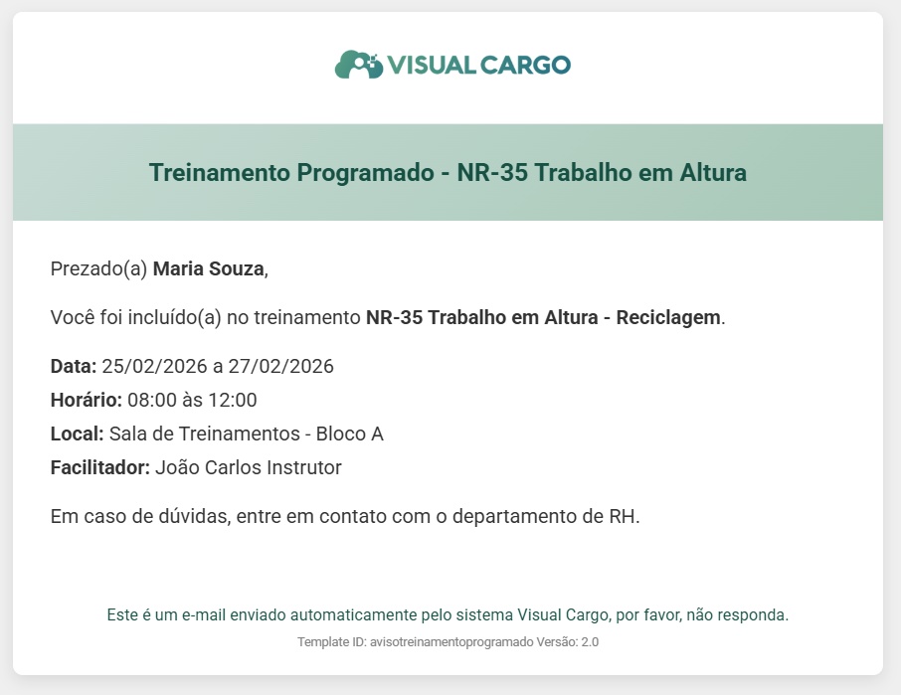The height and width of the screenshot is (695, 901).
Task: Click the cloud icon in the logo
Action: (359, 65)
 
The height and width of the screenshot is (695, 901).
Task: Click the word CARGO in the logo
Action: (525, 65)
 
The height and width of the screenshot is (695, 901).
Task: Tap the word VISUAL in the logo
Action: (432, 65)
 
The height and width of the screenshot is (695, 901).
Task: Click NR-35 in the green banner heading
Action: (492, 172)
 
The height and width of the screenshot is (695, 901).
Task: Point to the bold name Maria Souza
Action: (209, 268)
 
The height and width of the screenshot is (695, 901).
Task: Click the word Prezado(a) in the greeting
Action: (98, 268)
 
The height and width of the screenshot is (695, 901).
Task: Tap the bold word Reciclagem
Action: (668, 317)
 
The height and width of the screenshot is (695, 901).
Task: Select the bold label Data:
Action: (74, 367)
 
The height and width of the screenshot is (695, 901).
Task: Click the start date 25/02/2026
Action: (154, 367)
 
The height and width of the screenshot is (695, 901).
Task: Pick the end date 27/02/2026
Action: (281, 367)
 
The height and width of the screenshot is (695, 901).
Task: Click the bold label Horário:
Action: (87, 400)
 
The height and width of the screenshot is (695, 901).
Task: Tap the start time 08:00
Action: (152, 400)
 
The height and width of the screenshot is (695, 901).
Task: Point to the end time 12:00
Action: (232, 400)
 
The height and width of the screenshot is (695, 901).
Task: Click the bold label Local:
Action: (77, 434)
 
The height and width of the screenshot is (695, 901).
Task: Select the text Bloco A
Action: (349, 434)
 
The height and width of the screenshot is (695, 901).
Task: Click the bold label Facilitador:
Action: (100, 467)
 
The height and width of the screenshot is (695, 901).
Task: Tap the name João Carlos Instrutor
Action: (249, 467)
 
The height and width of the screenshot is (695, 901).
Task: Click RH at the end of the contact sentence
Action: (623, 516)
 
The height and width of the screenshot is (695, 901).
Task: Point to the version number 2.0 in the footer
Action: (590, 642)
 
